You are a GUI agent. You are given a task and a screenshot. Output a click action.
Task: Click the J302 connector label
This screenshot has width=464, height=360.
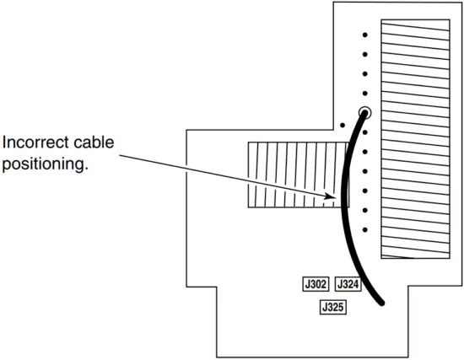pyautogui.click(x=316, y=285)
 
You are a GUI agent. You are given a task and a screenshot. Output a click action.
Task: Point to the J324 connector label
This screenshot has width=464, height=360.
pyautogui.click(x=348, y=285)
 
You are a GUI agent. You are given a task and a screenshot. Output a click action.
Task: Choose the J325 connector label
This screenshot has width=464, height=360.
pyautogui.click(x=333, y=308)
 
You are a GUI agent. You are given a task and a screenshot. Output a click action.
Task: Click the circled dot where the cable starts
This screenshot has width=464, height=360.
pyautogui.click(x=365, y=112)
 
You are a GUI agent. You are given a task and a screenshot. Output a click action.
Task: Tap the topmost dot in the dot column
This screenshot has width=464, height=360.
pyautogui.click(x=365, y=35)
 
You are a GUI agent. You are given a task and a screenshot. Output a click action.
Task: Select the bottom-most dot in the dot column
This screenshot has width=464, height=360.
pyautogui.click(x=365, y=228)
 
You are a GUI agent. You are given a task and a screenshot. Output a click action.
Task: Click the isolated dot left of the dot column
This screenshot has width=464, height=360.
pyautogui.click(x=343, y=126)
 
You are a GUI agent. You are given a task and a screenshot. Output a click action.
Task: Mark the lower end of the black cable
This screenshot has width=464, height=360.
pyautogui.click(x=386, y=302)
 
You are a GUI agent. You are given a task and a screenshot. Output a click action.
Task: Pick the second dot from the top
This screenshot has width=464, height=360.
pyautogui.click(x=365, y=55)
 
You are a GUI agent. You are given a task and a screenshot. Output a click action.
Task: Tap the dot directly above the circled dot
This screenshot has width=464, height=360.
pyautogui.click(x=365, y=94)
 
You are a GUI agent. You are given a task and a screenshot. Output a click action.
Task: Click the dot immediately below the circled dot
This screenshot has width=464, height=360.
pyautogui.click(x=365, y=132)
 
